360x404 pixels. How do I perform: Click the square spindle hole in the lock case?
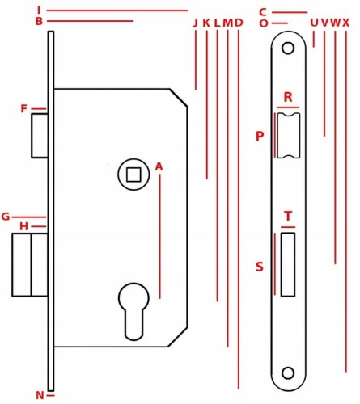tap(133, 175)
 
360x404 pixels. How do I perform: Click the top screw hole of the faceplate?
tap(288, 48)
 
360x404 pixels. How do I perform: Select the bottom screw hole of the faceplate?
tap(288, 373)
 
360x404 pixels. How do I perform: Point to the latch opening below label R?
tap(289, 136)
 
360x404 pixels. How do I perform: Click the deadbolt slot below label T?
tap(288, 265)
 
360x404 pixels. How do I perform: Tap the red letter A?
tap(159, 167)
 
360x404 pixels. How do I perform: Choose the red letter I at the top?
tap(39, 10)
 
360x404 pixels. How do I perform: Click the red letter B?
tap(39, 21)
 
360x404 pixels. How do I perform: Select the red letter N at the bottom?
tap(40, 395)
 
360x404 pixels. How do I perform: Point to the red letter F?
tap(24, 109)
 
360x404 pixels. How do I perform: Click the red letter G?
tap(6, 217)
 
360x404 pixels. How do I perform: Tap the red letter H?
tap(24, 226)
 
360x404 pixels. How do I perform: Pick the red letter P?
tap(260, 136)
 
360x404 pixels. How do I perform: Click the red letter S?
tap(260, 267)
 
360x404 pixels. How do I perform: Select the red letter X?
tap(346, 23)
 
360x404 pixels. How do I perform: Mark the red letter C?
tap(263, 12)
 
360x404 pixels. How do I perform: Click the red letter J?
tap(195, 23)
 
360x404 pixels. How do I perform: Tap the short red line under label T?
tap(288, 227)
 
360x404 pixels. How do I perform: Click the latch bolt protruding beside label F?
tap(40, 136)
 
